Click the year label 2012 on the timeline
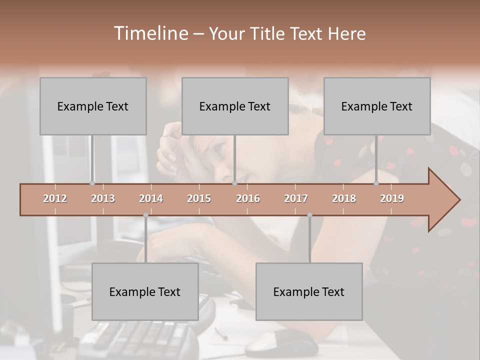(x=55, y=198)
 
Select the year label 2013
(x=103, y=198)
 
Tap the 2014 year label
(x=151, y=198)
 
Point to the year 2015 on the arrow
(x=199, y=198)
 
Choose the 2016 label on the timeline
(x=248, y=198)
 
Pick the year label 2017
(x=296, y=198)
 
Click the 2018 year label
(x=344, y=198)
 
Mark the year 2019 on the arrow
(x=392, y=198)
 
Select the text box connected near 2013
(x=93, y=106)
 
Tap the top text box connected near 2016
(x=235, y=106)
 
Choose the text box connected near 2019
(x=377, y=106)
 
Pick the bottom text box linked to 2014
(x=145, y=291)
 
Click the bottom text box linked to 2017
(x=309, y=291)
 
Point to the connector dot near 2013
(x=92, y=183)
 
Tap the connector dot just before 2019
(x=376, y=183)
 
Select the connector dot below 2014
(x=145, y=215)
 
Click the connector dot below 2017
(x=309, y=215)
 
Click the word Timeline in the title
(x=150, y=33)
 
